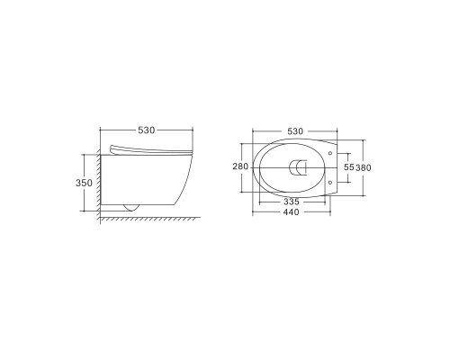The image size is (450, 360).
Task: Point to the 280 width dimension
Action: point(239,167)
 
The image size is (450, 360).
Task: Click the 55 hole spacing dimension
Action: point(350,167)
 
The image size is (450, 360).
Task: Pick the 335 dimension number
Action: point(290,203)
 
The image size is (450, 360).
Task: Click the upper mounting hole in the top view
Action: point(331,154)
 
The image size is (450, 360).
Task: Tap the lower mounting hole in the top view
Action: point(331,182)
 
